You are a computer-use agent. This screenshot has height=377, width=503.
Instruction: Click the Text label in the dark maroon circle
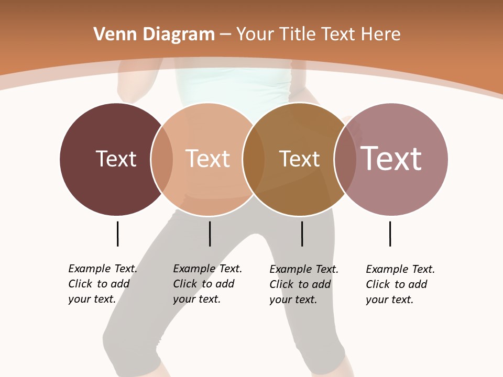tap(116, 159)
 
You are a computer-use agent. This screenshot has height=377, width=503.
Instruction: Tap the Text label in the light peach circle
tap(208, 159)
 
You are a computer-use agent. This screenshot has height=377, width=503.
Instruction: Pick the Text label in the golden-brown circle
tap(299, 159)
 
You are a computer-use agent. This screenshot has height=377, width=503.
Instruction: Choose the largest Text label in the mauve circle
tap(391, 159)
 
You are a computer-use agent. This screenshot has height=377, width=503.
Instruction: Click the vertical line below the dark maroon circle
tap(117, 234)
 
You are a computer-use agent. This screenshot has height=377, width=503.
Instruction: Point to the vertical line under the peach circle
tap(210, 234)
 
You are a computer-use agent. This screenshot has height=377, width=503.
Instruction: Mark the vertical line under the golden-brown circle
tap(302, 234)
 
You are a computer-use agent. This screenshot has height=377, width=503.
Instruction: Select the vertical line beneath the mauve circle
tap(390, 234)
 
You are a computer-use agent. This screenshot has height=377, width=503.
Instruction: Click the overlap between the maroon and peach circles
tap(162, 159)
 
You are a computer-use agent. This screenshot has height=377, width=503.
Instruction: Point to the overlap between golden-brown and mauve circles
tap(345, 159)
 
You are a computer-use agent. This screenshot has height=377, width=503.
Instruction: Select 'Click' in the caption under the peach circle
tap(185, 284)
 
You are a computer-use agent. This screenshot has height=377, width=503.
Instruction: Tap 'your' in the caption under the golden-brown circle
tap(280, 300)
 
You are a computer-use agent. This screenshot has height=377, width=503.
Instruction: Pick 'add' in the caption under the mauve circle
tap(418, 284)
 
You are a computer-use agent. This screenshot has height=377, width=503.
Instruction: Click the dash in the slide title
tap(225, 35)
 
